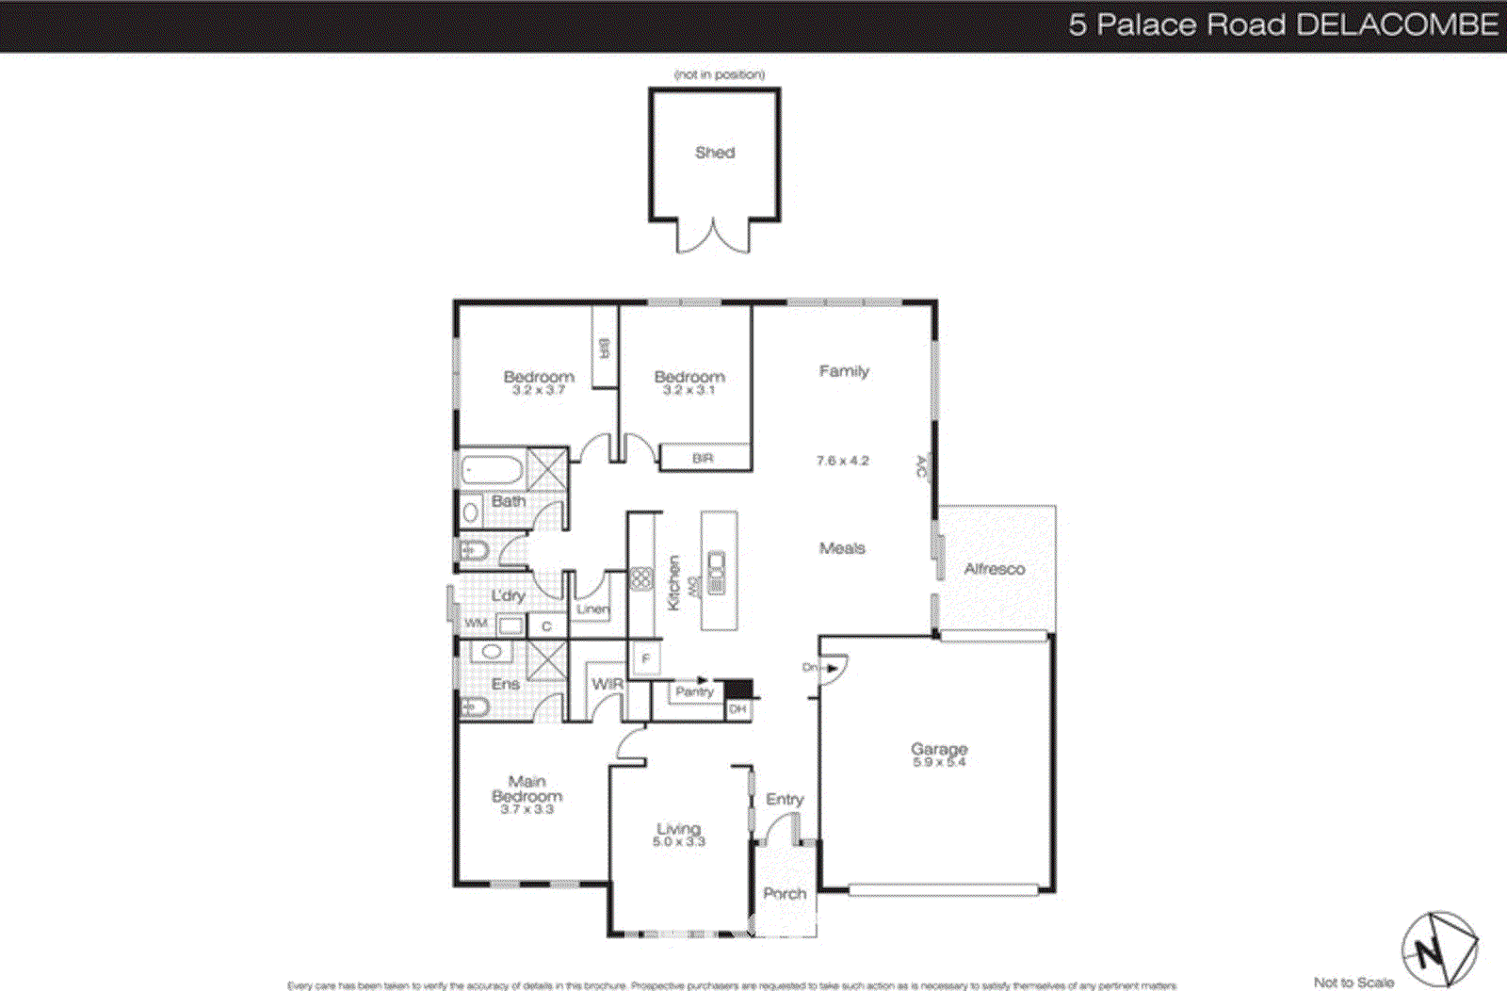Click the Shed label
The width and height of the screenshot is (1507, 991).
point(715,153)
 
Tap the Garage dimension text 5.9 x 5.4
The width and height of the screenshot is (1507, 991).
point(938,762)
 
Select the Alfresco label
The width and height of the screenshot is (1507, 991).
point(995,569)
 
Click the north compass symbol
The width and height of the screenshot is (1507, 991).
point(1438,950)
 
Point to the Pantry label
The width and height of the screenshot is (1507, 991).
point(694,692)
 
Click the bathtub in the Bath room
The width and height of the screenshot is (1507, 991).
point(493,469)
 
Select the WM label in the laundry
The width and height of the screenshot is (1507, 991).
point(476,624)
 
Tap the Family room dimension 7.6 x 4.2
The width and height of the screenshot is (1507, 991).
point(842,461)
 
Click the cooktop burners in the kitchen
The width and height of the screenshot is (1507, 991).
point(641,578)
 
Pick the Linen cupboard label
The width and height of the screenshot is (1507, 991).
point(593,609)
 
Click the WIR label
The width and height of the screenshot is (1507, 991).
point(608,684)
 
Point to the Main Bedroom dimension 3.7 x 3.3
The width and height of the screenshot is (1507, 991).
point(527,809)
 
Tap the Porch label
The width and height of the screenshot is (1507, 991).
point(785,894)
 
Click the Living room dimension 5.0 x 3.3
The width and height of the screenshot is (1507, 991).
point(678,842)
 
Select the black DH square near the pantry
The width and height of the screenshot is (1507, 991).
point(738,689)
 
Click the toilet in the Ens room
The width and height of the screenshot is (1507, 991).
point(475,707)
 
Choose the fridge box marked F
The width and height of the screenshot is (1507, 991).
point(646,658)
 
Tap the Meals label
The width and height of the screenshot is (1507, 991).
point(842,548)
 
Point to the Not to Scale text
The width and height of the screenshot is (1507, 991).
point(1353,983)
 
